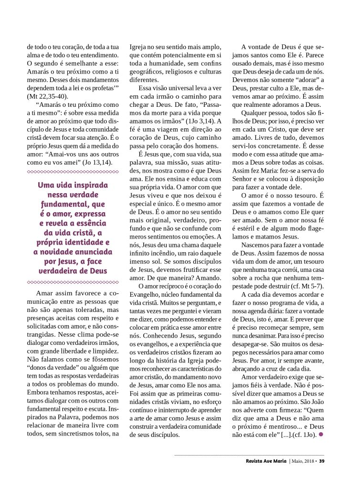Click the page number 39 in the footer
point(322,461)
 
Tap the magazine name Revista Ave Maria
point(263,461)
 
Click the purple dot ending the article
point(321,434)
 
